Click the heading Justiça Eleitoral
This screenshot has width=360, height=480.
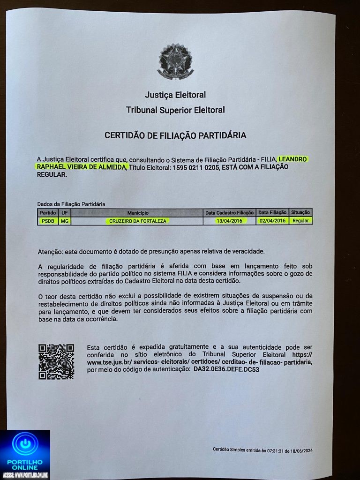(175, 95)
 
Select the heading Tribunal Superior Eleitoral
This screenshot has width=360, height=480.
(175, 110)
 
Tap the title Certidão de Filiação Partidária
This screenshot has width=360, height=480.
(175, 135)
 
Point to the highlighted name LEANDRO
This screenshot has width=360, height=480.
(293, 159)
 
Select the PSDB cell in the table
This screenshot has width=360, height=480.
(47, 221)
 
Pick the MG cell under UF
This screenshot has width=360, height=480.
(64, 221)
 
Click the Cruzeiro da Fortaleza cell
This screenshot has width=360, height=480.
(137, 221)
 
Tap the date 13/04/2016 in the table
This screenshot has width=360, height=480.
(229, 221)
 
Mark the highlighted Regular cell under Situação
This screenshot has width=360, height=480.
(300, 221)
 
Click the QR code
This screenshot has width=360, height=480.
(56, 361)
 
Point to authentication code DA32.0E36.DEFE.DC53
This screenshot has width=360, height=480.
(226, 369)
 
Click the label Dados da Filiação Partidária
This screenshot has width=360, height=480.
(71, 204)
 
